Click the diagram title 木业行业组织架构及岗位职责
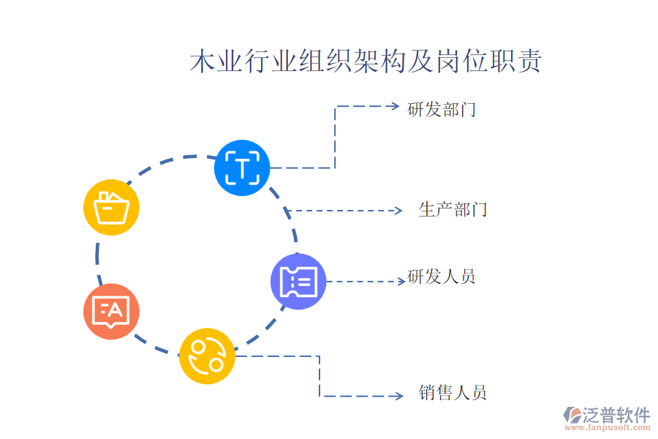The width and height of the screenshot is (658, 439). (366, 62)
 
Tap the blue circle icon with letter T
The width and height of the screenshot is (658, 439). (242, 168)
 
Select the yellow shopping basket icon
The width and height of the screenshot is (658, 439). (111, 207)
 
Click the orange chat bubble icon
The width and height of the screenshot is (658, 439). (111, 312)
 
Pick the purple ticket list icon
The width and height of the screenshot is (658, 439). (298, 281)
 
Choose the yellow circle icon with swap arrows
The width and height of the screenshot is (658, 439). (207, 356)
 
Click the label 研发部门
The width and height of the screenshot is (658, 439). (442, 110)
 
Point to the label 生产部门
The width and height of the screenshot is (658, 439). (453, 211)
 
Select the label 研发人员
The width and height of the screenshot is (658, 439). (442, 277)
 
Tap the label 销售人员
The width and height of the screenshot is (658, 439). (453, 393)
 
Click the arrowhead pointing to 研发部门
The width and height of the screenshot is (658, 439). (396, 107)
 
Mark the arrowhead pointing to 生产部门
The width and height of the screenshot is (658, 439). (398, 211)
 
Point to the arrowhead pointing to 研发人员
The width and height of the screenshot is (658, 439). (401, 281)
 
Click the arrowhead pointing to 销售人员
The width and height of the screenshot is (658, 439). (398, 396)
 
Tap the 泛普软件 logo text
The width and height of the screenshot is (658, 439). (617, 415)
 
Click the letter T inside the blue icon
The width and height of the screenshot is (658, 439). (242, 168)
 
